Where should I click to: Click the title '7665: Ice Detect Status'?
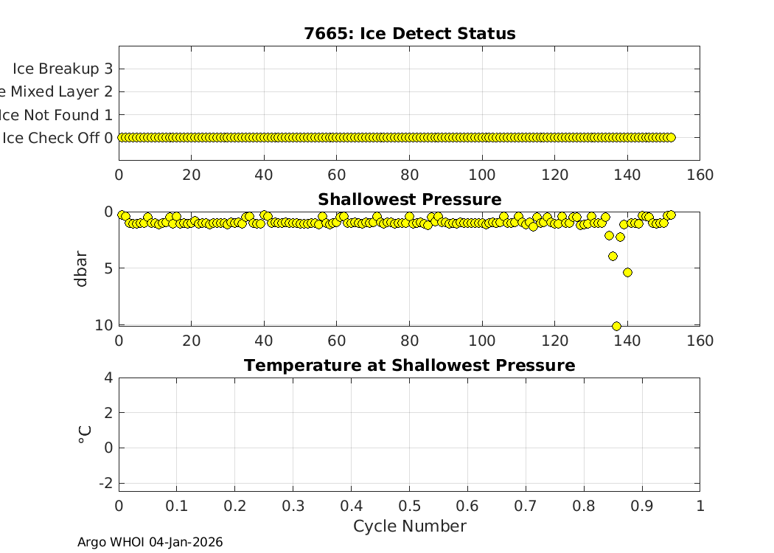(x=409, y=34)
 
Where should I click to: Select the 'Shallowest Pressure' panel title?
(x=409, y=200)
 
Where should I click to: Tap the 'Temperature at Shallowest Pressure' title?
(x=409, y=366)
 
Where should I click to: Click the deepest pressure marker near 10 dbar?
(x=616, y=326)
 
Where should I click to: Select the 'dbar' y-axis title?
(x=83, y=269)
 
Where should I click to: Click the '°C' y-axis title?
(x=84, y=434)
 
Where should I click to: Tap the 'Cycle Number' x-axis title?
(x=409, y=526)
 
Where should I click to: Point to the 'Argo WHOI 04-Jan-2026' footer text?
(x=150, y=543)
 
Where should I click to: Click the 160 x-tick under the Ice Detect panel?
(x=700, y=175)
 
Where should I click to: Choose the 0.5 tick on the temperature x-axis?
(x=409, y=506)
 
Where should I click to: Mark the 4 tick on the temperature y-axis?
(x=108, y=378)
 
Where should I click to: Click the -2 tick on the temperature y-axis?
(x=105, y=482)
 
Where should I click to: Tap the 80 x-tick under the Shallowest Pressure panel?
(x=409, y=341)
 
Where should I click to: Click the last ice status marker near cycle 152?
(x=671, y=137)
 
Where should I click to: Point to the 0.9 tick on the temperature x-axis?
(x=641, y=506)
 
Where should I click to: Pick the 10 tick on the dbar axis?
(x=105, y=325)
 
